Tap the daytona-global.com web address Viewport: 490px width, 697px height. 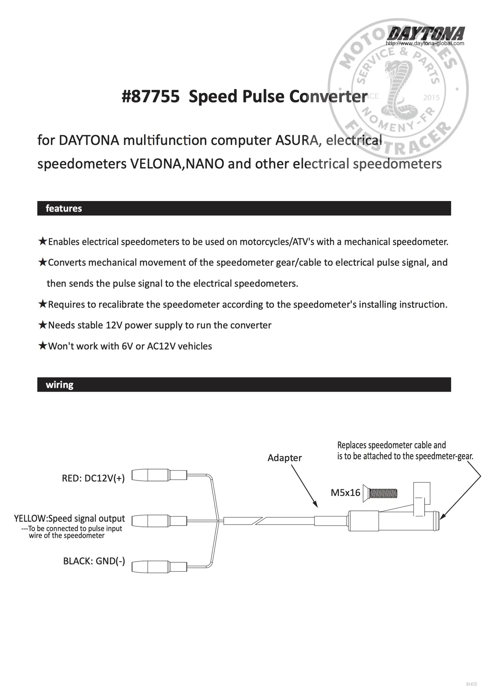[x=425, y=43]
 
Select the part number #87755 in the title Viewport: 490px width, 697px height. [x=151, y=97]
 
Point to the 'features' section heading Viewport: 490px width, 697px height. [x=64, y=208]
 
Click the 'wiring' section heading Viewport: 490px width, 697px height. [x=60, y=384]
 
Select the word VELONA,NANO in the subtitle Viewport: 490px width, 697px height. [x=177, y=164]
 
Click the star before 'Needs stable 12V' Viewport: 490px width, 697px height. [x=42, y=325]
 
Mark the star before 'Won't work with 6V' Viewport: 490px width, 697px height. [x=42, y=346]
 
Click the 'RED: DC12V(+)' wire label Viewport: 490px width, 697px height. [x=93, y=478]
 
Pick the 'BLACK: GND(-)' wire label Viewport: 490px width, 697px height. [x=94, y=561]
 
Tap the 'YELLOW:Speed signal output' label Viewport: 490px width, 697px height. [x=70, y=518]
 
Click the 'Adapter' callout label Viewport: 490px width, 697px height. [x=285, y=458]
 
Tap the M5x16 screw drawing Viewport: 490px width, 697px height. [x=380, y=493]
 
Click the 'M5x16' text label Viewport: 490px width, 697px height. [x=345, y=493]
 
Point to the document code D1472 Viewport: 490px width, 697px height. [x=471, y=684]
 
